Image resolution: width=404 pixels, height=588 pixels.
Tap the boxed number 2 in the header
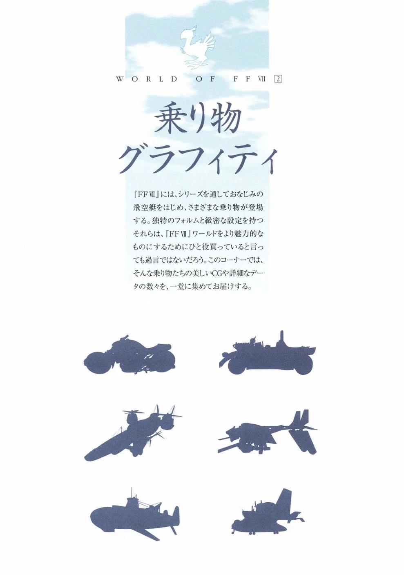278,79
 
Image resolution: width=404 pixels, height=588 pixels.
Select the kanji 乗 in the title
173,120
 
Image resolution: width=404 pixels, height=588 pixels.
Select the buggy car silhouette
267,353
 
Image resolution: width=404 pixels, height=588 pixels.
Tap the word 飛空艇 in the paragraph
145,207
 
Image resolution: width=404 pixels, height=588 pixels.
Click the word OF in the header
206,79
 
